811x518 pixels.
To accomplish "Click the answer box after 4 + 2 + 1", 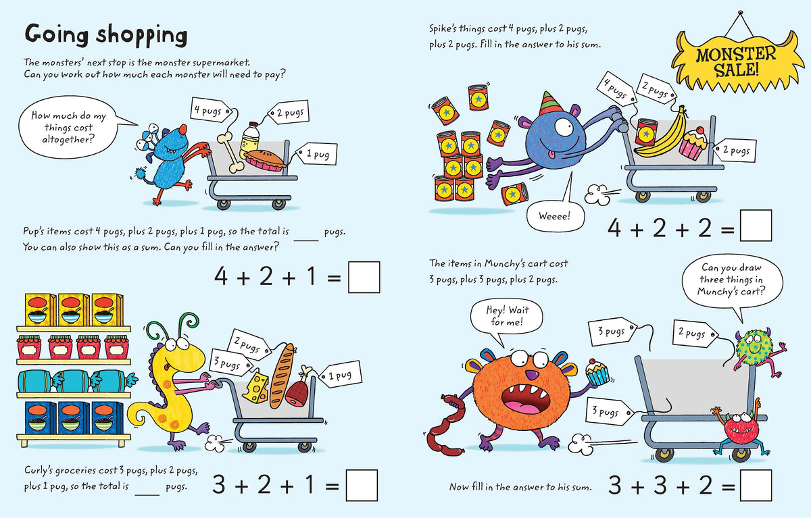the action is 364,277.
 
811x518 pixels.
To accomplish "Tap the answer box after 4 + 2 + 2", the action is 756,226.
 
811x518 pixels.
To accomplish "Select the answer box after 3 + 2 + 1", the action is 362,485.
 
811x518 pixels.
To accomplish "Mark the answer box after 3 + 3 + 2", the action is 756,485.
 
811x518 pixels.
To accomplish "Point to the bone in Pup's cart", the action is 230,152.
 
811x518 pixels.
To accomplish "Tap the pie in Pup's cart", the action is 265,161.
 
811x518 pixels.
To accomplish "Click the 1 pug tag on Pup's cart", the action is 317,155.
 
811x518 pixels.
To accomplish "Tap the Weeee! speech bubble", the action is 555,216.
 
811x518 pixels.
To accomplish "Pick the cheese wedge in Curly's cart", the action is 255,388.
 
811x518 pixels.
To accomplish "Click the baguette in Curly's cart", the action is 282,375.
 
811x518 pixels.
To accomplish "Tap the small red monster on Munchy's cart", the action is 739,429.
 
